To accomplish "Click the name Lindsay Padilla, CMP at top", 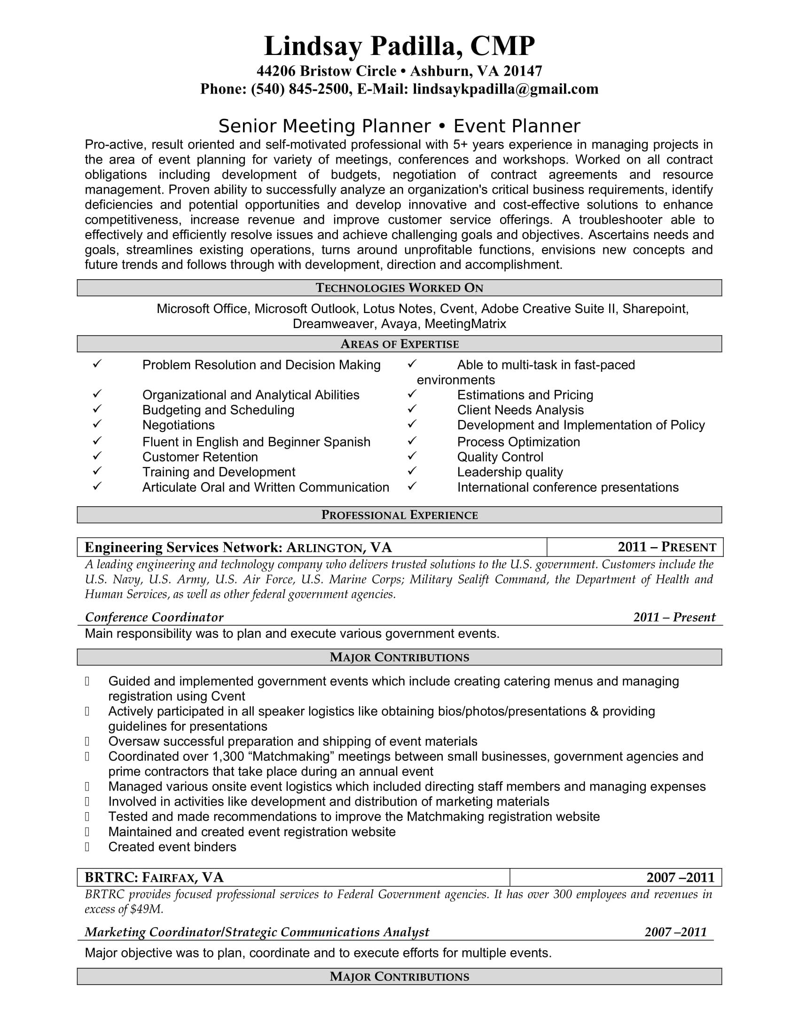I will tap(399, 47).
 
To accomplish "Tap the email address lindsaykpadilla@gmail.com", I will tap(505, 89).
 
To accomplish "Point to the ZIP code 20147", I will tap(523, 71).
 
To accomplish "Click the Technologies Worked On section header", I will tap(399, 288).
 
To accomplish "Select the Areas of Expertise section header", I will tap(399, 344).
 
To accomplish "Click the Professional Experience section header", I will tap(399, 515).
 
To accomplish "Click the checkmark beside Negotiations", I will tap(97, 424).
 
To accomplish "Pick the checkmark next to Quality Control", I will tap(412, 456).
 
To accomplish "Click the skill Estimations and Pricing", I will tap(525, 395).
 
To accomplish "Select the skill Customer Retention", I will tap(200, 457).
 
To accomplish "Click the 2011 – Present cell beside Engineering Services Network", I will tap(666, 547).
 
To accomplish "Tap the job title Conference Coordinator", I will tap(154, 618).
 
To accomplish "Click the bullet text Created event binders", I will tap(172, 847).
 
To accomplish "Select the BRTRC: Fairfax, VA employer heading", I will tap(154, 878).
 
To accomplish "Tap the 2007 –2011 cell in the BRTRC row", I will tap(680, 878).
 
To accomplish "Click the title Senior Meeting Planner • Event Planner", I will tap(399, 126).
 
